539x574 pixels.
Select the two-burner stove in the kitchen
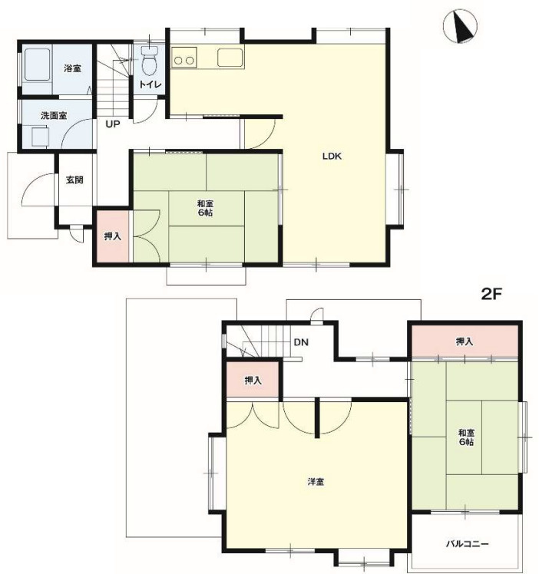coord(184,58)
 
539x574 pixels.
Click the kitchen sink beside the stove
coord(230,58)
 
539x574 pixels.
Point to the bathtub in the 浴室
coord(38,64)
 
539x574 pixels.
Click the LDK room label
coord(332,157)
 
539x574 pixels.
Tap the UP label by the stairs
coord(113,124)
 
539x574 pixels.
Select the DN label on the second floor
coord(301,342)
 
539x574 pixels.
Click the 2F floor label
coord(491,294)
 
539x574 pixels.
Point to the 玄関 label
coord(74,180)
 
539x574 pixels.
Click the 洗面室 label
coord(54,116)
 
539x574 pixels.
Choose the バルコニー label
coord(468,543)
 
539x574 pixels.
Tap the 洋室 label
coord(316,482)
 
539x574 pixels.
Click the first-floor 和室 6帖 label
coord(205,208)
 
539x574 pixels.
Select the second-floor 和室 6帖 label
coord(466,437)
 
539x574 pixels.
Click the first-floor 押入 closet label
coord(112,236)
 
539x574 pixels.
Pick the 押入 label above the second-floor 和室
coord(465,341)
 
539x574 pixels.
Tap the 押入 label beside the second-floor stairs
coord(253,381)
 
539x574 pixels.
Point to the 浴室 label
coord(72,68)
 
